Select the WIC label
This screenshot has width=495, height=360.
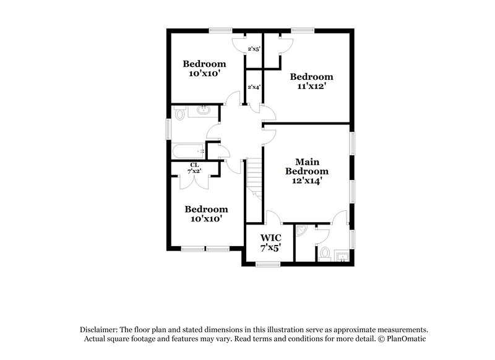(271, 238)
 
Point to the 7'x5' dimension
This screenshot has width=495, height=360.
(271, 247)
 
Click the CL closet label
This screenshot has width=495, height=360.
(194, 165)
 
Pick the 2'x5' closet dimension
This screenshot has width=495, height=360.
(254, 48)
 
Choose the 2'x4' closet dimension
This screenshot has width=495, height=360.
(254, 87)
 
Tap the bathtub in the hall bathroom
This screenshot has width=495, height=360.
(188, 150)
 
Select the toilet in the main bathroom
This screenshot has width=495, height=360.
(324, 253)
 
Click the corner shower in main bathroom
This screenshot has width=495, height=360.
(301, 230)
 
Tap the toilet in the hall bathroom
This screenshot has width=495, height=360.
(179, 113)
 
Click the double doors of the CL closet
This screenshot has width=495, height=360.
(194, 180)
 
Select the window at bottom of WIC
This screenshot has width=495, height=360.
(268, 265)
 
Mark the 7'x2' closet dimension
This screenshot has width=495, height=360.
(194, 171)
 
